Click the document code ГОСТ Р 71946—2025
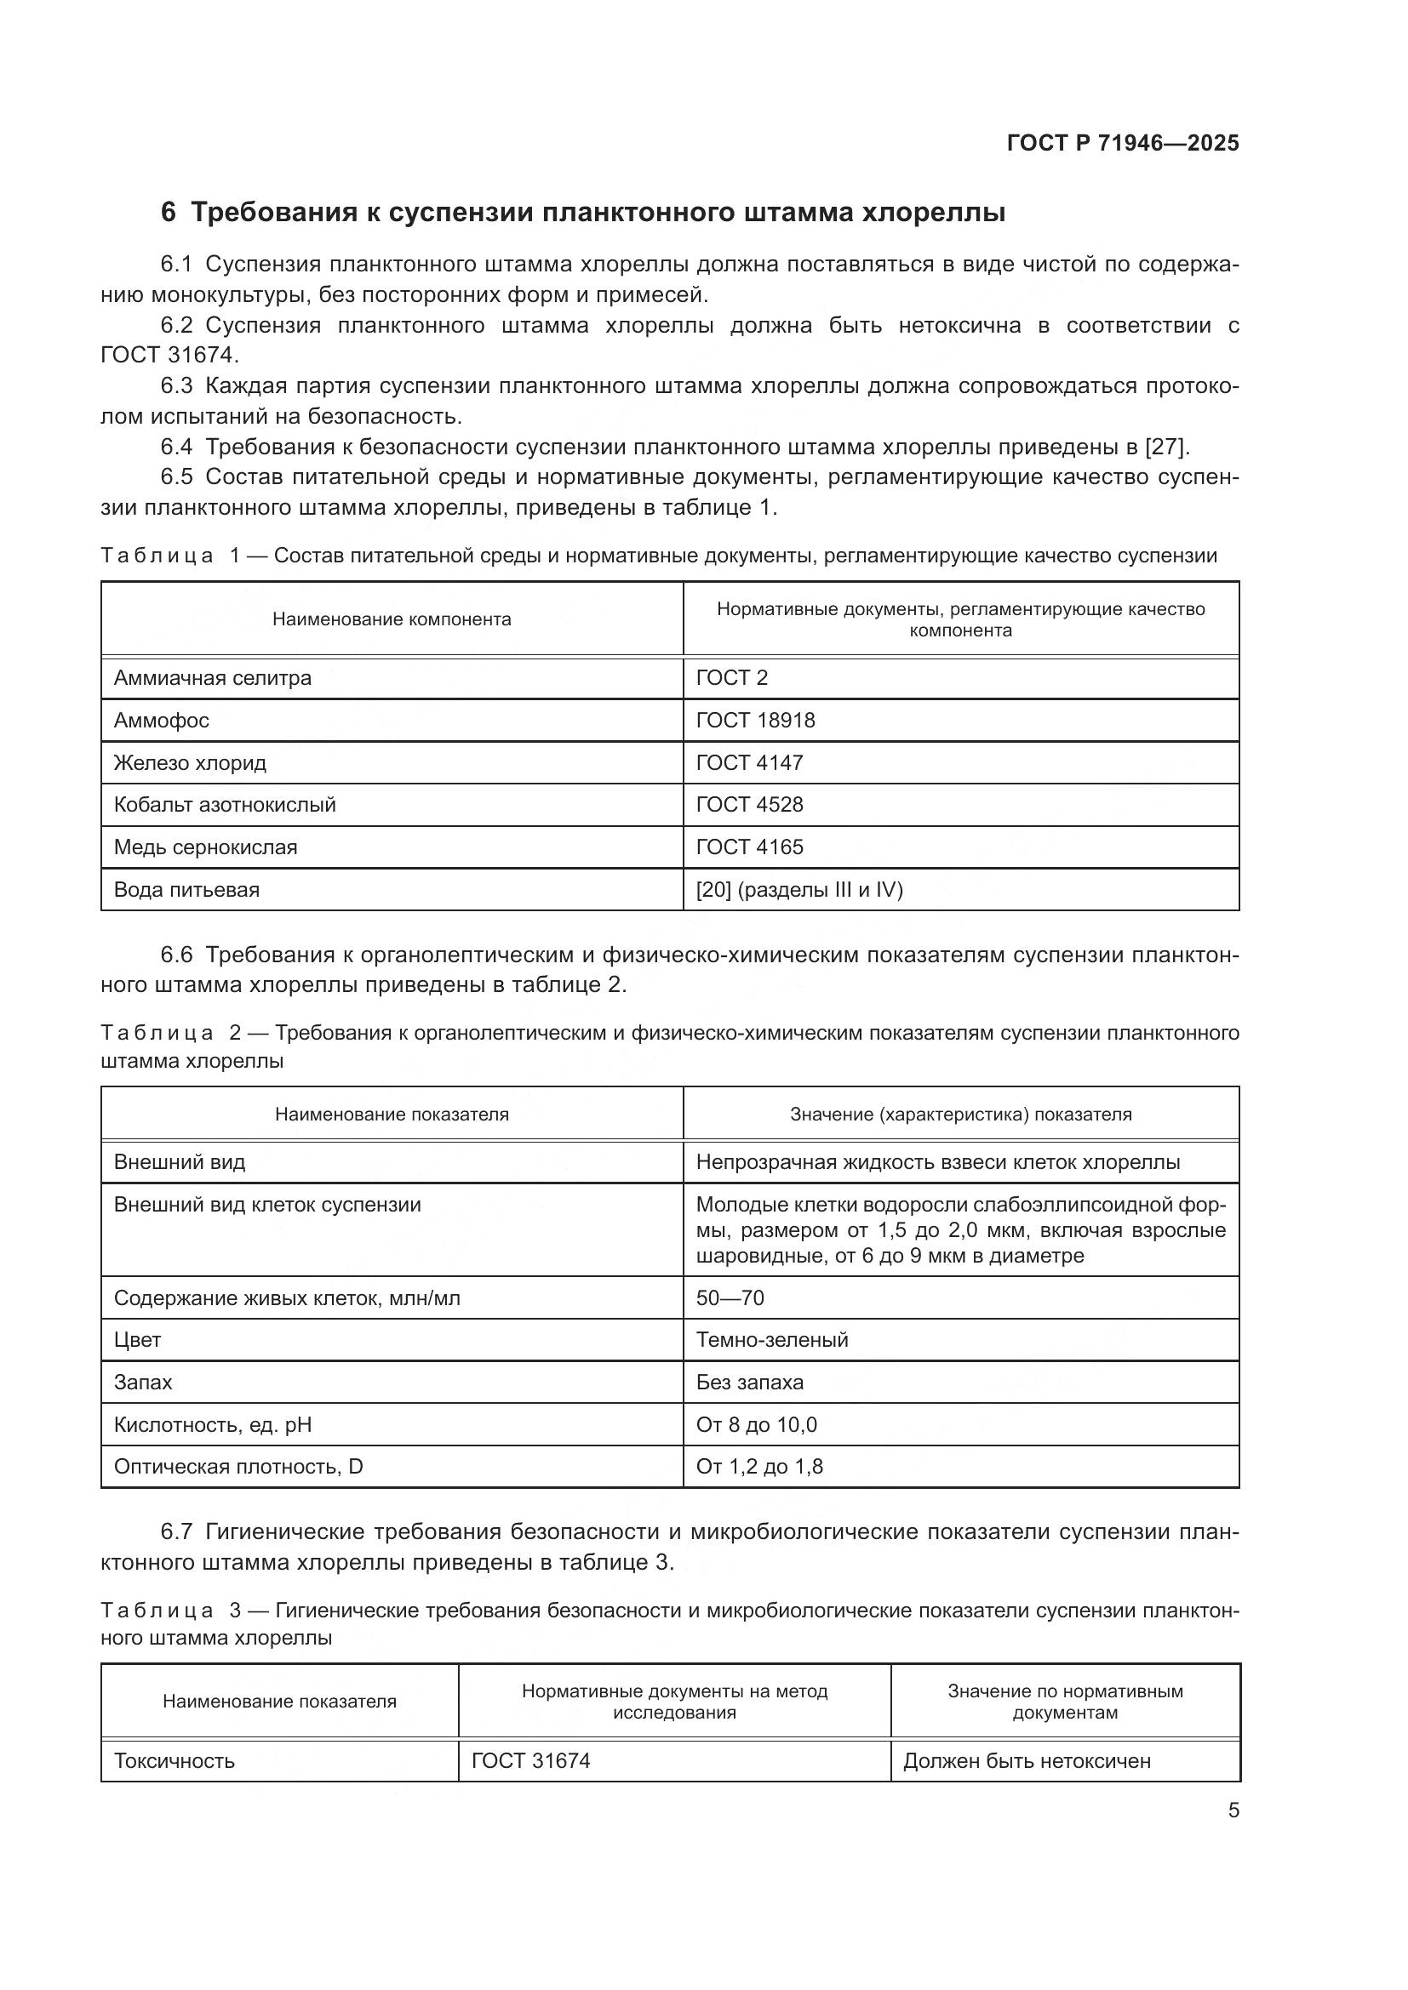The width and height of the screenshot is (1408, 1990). tap(1123, 143)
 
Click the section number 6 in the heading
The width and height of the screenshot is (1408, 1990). tap(169, 213)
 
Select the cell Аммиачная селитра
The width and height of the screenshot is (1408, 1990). tap(213, 678)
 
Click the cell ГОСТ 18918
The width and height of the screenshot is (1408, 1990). tap(755, 721)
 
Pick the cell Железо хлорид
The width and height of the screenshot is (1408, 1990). tap(190, 762)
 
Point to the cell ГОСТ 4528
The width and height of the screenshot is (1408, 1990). tap(749, 804)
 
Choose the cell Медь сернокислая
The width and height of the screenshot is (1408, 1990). tap(205, 847)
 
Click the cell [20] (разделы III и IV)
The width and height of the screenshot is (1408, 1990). tap(799, 889)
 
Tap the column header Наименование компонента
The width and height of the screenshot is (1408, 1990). tap(392, 619)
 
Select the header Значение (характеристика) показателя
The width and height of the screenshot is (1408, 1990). tap(960, 1114)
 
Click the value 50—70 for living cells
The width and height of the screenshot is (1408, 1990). tap(730, 1297)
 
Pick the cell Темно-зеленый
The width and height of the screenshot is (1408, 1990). tap(771, 1340)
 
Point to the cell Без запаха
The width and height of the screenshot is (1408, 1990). tap(749, 1382)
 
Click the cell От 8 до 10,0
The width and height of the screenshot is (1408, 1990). tap(756, 1424)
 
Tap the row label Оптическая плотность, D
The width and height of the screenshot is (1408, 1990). tap(238, 1467)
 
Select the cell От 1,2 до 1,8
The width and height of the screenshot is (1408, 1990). tap(759, 1467)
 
